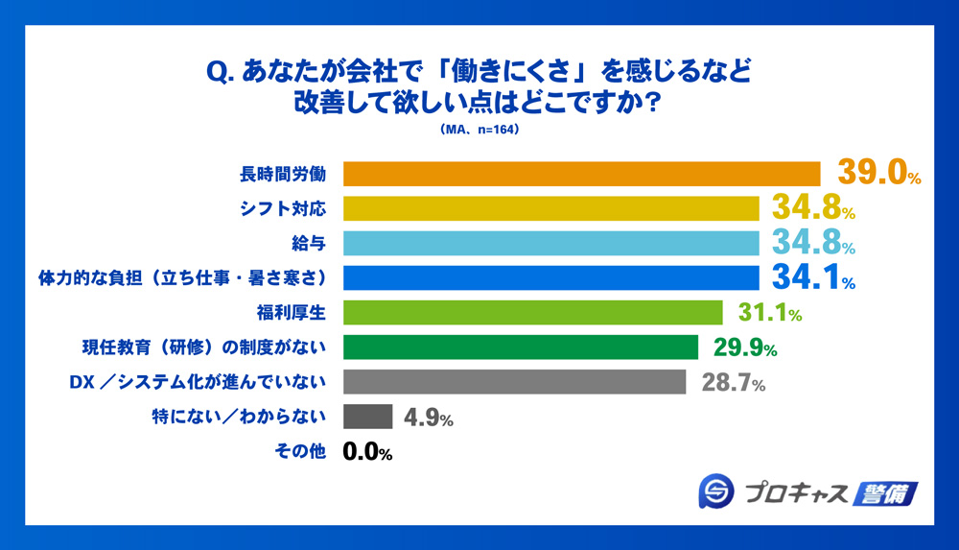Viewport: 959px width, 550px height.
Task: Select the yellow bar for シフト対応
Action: click(x=551, y=208)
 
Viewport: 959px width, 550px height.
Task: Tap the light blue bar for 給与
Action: click(x=551, y=243)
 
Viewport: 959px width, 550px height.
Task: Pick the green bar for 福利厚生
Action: click(x=532, y=313)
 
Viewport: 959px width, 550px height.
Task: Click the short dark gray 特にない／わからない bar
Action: click(x=367, y=417)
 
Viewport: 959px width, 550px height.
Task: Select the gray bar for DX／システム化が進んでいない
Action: click(x=514, y=382)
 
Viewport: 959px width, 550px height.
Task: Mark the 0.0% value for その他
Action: click(x=368, y=452)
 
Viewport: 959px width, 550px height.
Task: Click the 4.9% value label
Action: click(x=427, y=418)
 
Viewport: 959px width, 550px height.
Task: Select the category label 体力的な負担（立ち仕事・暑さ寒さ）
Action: click(x=182, y=278)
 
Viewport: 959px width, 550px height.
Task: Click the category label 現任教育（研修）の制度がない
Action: click(x=200, y=347)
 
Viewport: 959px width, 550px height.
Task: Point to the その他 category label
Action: click(x=307, y=452)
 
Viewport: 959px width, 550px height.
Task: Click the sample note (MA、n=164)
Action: click(x=479, y=130)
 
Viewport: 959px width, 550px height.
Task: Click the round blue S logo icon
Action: click(x=716, y=492)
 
